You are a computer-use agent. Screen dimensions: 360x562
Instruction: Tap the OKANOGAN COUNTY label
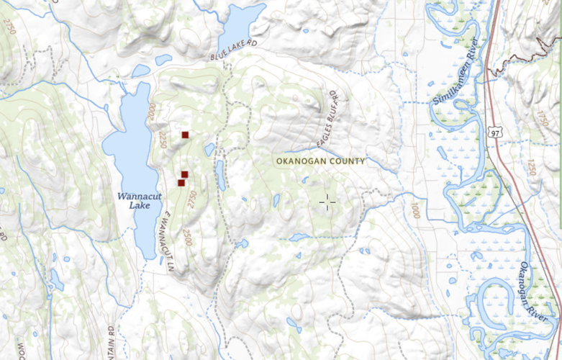[320, 161]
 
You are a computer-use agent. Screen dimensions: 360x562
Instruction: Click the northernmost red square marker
[185, 135]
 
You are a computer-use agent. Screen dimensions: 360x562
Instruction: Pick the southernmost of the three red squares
[181, 183]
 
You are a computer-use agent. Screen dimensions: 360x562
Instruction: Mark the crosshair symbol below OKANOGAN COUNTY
[327, 203]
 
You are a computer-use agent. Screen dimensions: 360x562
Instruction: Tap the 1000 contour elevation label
[415, 212]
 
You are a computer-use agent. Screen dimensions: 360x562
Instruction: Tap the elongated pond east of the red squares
[221, 175]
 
